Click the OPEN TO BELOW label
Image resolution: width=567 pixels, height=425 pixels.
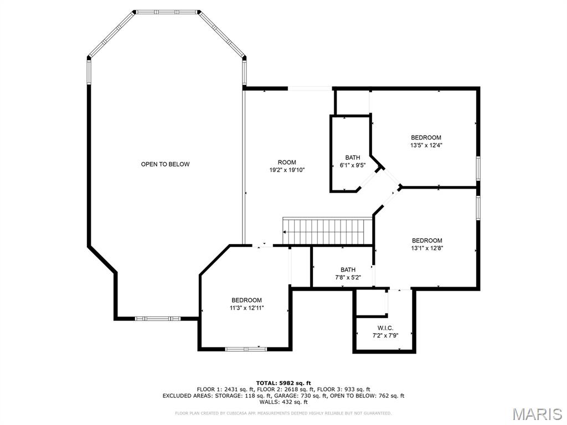(x=165, y=164)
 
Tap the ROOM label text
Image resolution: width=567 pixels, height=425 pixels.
(x=287, y=162)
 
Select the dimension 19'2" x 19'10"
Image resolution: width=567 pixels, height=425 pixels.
(x=287, y=170)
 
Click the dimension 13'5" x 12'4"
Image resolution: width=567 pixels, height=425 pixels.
(x=426, y=146)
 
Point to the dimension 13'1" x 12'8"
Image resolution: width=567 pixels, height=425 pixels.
(x=427, y=248)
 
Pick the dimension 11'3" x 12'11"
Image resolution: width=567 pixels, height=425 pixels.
(x=246, y=308)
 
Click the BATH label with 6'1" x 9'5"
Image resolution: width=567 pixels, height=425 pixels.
(x=353, y=158)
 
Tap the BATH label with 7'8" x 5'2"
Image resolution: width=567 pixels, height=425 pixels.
(x=348, y=270)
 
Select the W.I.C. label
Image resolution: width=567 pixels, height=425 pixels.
(x=385, y=328)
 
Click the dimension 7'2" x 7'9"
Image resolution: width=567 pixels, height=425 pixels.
(x=385, y=335)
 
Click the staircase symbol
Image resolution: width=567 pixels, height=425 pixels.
(x=327, y=231)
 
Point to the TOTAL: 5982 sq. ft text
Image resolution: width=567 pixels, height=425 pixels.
(x=283, y=383)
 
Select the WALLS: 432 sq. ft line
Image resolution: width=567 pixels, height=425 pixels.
(x=283, y=402)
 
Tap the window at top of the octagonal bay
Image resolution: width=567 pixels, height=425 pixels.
(x=167, y=11)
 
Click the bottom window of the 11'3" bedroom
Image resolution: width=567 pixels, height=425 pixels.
(x=246, y=349)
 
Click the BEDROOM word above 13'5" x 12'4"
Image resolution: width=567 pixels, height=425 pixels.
(x=426, y=138)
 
